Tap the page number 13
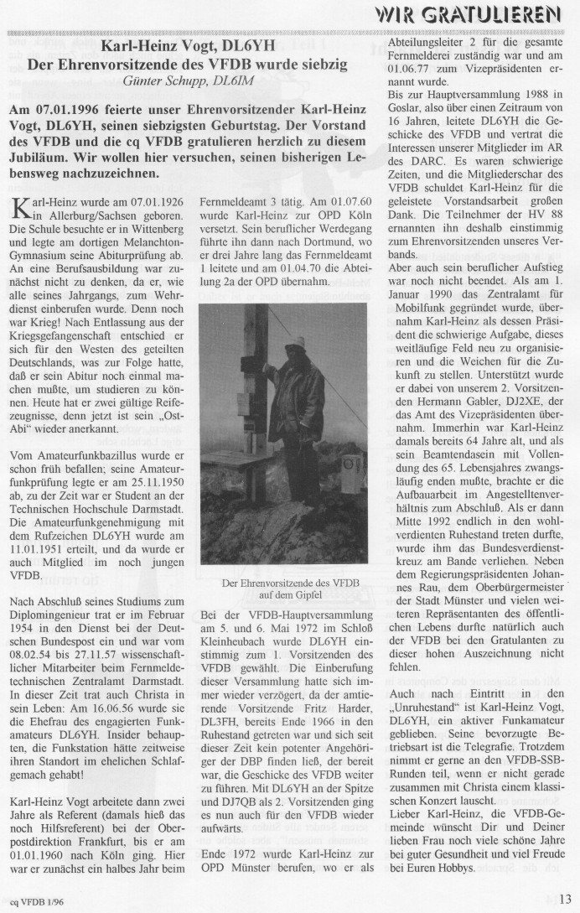point(564,900)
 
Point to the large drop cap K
point(19,234)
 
